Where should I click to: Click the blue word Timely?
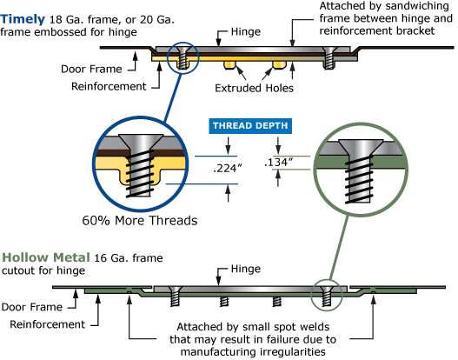point(23,19)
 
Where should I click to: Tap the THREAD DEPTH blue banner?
point(250,126)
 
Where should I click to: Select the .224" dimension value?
point(228,169)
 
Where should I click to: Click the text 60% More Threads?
point(140,221)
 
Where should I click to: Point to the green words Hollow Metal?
point(46,257)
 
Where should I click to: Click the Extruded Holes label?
point(254,88)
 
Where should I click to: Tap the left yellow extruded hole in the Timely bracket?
point(229,65)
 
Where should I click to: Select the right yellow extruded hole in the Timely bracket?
point(279,65)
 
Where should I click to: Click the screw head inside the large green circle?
point(361,147)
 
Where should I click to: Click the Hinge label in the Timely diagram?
point(246,31)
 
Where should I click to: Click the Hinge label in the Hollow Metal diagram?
point(246,269)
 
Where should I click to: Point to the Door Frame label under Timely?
point(91,69)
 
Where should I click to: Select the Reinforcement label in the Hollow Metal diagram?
point(47,324)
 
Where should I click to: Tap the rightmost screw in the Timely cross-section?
point(329,57)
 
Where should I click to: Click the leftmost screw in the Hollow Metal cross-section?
point(176,296)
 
